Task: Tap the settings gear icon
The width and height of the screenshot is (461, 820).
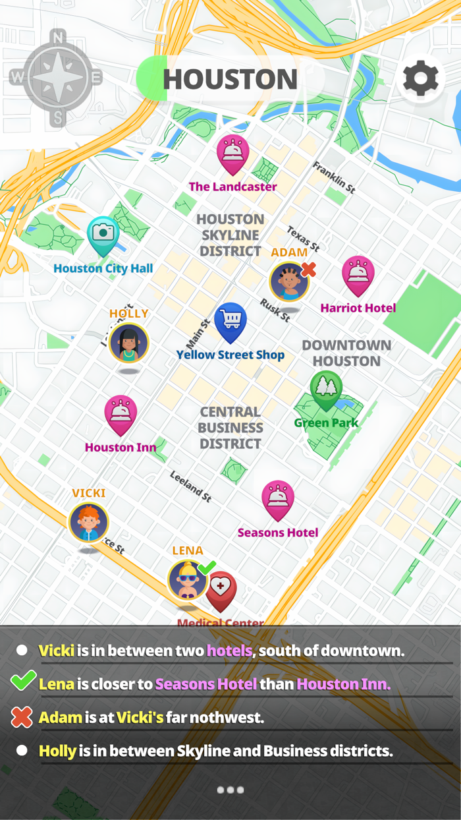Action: (x=421, y=78)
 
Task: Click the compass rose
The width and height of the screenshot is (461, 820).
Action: (x=57, y=78)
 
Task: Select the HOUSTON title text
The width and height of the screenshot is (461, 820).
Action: (x=230, y=80)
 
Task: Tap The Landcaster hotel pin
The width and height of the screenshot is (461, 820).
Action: (x=232, y=153)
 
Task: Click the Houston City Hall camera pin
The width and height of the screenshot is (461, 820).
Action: (x=102, y=234)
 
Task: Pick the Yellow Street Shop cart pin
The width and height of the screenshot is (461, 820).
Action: (x=230, y=321)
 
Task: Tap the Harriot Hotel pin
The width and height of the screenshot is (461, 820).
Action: (x=358, y=274)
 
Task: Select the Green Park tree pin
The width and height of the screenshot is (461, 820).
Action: (x=326, y=388)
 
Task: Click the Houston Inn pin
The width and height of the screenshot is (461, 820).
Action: (x=121, y=413)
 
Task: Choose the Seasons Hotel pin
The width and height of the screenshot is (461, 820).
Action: (x=278, y=499)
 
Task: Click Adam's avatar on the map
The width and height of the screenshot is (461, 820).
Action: (x=288, y=281)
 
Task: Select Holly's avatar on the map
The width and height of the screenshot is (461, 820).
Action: (x=129, y=343)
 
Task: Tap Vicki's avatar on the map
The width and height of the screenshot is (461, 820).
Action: (x=89, y=522)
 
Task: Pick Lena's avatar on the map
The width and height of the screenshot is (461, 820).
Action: (x=187, y=579)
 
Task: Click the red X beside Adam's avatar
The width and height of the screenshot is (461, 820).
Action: (x=308, y=269)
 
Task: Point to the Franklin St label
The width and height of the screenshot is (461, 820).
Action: (x=334, y=177)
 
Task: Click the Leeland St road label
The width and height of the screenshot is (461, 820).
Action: (x=190, y=486)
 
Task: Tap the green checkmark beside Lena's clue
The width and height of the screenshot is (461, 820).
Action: (x=22, y=682)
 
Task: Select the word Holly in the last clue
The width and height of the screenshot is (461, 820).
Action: (x=57, y=750)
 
